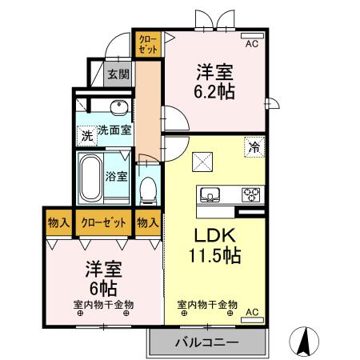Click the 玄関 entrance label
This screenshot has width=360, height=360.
(x=118, y=74)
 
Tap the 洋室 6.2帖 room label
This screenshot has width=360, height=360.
(x=212, y=80)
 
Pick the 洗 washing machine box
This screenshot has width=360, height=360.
(x=86, y=135)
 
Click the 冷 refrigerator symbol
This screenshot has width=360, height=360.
(x=254, y=147)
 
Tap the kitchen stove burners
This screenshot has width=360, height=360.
(x=251, y=194)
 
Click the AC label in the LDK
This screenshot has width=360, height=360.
(x=251, y=311)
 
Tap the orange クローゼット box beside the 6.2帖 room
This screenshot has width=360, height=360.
(x=148, y=42)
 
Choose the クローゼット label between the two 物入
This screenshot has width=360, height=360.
(x=103, y=222)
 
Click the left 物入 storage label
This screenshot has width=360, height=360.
(x=58, y=222)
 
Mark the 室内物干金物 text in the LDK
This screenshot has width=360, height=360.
(x=206, y=304)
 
